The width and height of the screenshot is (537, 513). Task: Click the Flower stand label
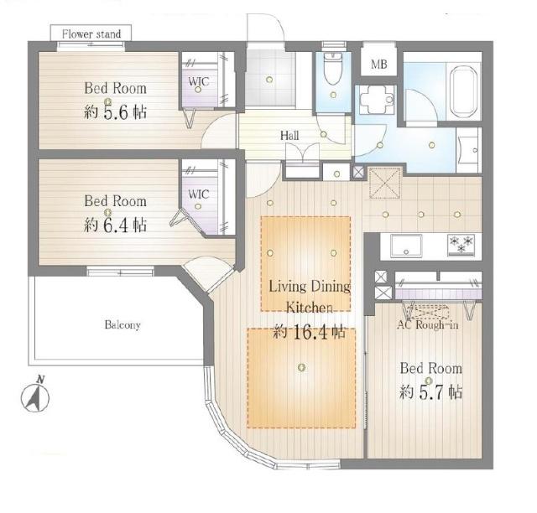tap(91, 34)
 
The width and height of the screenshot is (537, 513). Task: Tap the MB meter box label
tap(379, 64)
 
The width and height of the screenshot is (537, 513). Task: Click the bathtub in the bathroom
tap(463, 91)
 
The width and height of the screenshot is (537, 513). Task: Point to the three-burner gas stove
tap(461, 245)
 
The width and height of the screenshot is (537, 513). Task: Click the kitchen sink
tap(406, 246)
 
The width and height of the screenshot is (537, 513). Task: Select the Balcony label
tap(123, 324)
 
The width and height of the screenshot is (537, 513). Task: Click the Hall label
tap(289, 136)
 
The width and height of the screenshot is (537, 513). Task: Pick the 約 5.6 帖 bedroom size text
tap(116, 112)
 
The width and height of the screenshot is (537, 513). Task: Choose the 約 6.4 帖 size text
tap(116, 225)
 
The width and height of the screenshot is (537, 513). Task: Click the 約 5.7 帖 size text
tap(430, 392)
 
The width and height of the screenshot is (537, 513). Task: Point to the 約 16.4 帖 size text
tap(309, 333)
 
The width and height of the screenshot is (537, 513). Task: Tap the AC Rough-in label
tap(427, 324)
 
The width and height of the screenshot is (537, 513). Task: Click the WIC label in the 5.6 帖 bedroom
tap(199, 81)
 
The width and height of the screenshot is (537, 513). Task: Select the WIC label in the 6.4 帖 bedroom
tap(199, 194)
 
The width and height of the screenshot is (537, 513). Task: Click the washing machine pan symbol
tap(377, 99)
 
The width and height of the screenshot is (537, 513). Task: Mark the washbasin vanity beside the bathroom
tap(468, 150)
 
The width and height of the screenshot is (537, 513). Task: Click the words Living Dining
tap(310, 286)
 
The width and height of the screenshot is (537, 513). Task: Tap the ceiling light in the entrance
tap(269, 80)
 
